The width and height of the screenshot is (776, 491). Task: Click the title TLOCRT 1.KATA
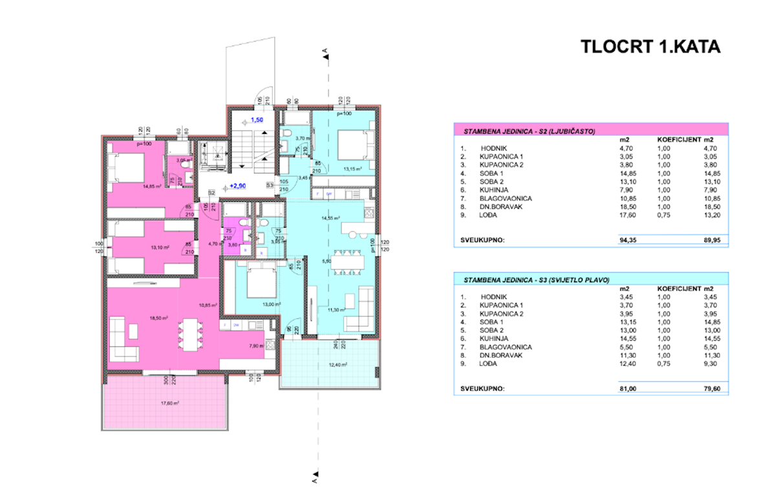(x=650, y=47)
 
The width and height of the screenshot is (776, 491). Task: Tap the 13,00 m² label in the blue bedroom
(x=272, y=303)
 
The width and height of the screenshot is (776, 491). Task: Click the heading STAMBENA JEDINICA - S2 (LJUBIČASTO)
(x=530, y=131)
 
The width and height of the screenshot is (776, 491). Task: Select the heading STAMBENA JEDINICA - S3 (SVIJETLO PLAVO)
(x=536, y=279)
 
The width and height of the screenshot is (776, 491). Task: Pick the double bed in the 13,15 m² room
(x=353, y=146)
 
